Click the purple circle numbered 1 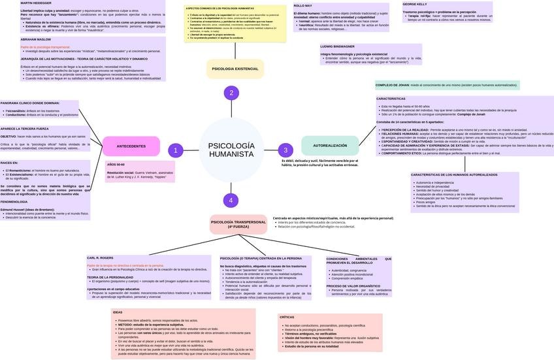coord(175,150)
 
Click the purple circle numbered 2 coord(231,93)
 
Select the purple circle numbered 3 coord(285,150)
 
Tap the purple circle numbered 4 coord(230,200)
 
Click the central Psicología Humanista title coord(231,150)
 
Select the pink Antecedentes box coord(131,146)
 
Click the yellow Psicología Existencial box coord(235,69)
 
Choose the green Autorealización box coord(330,146)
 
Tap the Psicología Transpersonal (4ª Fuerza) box coord(238,224)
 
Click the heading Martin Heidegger coord(36,3)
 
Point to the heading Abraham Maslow coord(35,39)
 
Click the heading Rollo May coord(303,5)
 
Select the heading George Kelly coord(415,4)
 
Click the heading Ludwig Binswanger coord(337,46)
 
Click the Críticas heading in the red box coord(287,317)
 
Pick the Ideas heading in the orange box coord(118,312)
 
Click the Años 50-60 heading coord(116,165)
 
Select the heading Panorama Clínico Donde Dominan coord(30,103)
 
